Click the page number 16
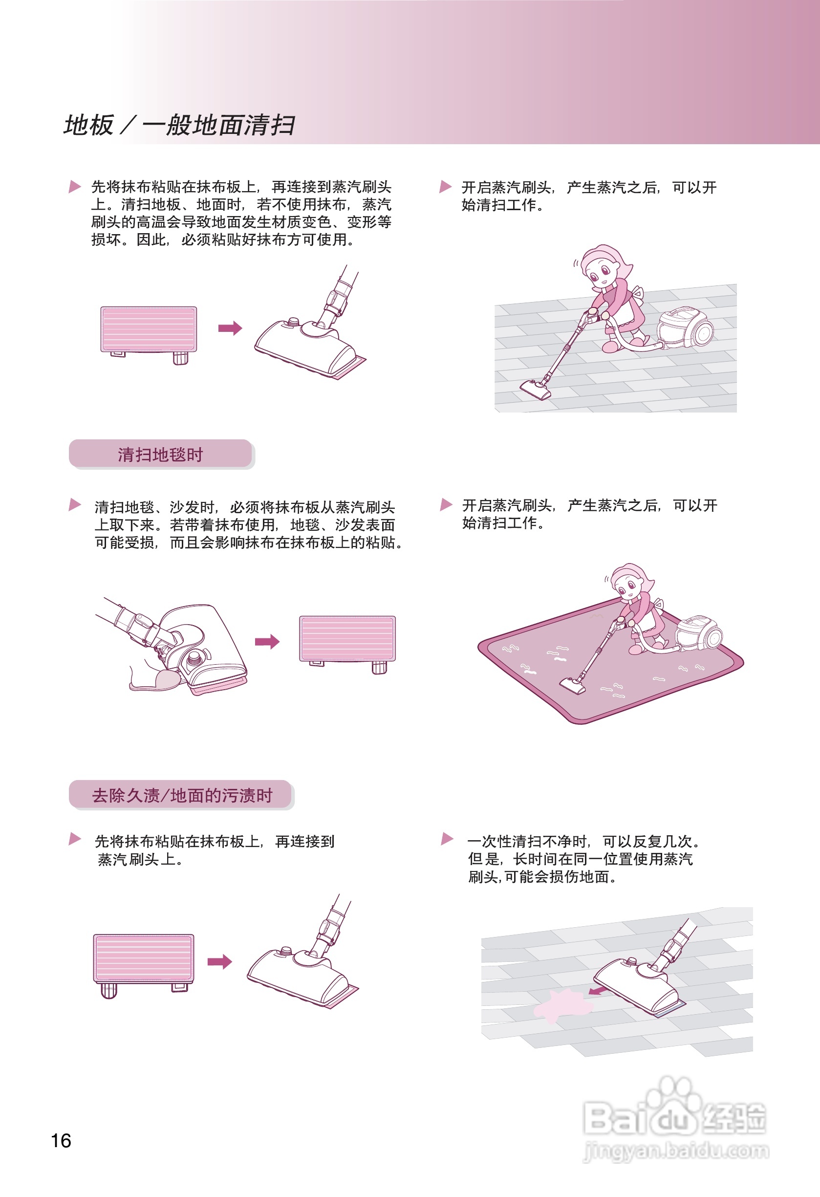point(61,1140)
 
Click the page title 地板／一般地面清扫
point(179,125)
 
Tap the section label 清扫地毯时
point(160,454)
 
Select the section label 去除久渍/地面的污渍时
point(181,795)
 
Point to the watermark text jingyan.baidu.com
point(676,1151)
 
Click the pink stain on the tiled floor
point(561,1004)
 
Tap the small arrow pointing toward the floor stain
point(598,990)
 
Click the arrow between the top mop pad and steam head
point(230,328)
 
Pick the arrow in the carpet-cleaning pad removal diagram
point(267,642)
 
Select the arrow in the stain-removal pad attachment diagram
point(219,961)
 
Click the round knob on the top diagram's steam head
point(293,322)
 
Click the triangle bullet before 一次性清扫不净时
point(447,839)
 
